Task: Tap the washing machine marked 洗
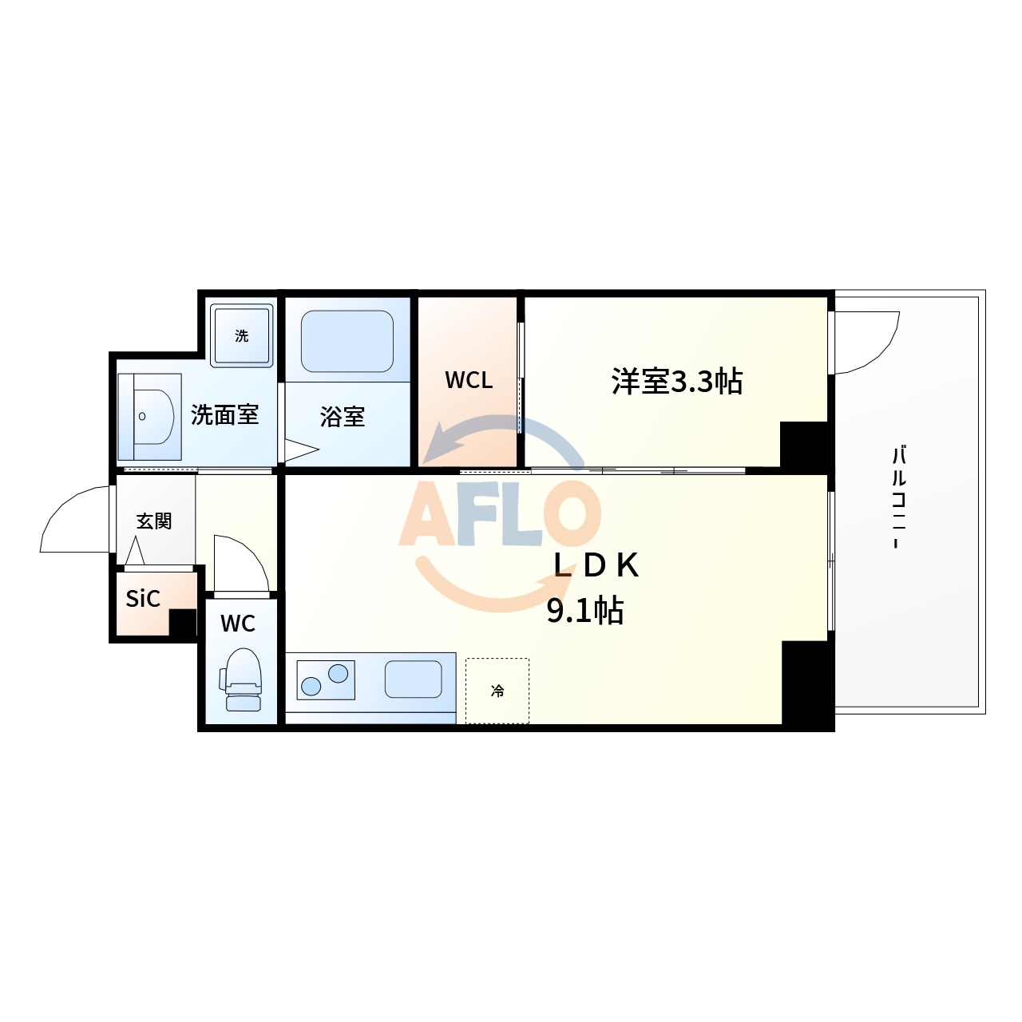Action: click(x=242, y=335)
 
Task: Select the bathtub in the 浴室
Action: click(x=347, y=341)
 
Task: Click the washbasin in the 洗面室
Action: click(x=152, y=416)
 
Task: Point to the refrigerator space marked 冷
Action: click(x=497, y=691)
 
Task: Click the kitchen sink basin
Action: click(x=414, y=679)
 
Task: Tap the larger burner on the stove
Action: click(x=339, y=673)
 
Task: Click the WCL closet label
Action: click(x=469, y=381)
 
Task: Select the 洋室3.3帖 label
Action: click(x=677, y=382)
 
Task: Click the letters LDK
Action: click(x=596, y=565)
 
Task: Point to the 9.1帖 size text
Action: click(x=585, y=611)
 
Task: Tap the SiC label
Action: click(x=143, y=599)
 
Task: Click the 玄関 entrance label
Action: click(x=154, y=521)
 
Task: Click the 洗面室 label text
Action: click(x=225, y=415)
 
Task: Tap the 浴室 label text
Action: click(x=343, y=417)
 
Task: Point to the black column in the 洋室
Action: click(x=803, y=444)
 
